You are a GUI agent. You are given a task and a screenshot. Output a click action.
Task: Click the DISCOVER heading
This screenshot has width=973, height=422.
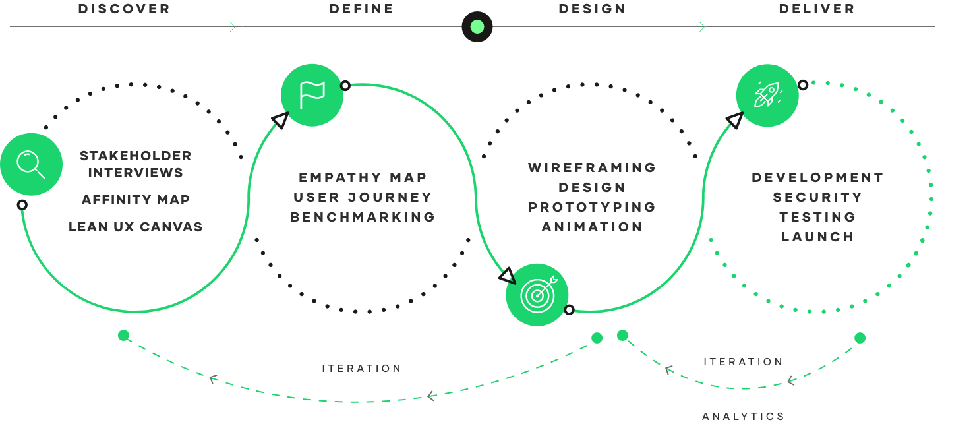[x=124, y=9]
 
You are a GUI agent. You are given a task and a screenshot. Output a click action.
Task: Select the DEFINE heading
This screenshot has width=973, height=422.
[x=361, y=9]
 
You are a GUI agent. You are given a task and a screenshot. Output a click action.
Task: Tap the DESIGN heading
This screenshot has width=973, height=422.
[x=592, y=9]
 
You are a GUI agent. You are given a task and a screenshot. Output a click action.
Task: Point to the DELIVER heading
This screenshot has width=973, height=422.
[x=817, y=9]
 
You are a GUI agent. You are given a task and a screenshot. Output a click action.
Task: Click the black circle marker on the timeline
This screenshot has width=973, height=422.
[x=477, y=27]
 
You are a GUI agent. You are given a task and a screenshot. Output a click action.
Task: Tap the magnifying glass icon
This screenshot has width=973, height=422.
[x=31, y=164]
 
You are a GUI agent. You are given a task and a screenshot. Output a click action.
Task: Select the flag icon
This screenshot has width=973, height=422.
[x=312, y=95]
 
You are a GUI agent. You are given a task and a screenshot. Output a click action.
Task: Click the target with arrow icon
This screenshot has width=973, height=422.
[x=537, y=295]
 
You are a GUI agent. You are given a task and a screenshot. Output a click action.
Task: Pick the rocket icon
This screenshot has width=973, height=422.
[x=767, y=95]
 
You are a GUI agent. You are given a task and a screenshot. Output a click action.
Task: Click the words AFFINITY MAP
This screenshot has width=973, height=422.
[x=136, y=200]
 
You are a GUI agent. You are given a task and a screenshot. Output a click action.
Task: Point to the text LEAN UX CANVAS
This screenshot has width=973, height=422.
[x=136, y=227]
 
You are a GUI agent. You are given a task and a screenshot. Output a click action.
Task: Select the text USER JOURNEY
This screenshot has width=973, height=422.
[x=363, y=197]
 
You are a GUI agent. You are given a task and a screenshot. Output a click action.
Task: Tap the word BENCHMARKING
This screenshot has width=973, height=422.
[x=363, y=217]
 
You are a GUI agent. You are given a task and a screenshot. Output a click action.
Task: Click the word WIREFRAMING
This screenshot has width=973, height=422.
[x=592, y=167]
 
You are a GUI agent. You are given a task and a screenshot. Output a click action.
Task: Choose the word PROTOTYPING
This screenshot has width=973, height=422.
[x=592, y=207]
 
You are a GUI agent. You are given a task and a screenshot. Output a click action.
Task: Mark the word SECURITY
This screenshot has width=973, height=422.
[x=817, y=197]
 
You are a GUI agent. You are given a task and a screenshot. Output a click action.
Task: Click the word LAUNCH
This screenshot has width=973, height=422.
[x=817, y=237]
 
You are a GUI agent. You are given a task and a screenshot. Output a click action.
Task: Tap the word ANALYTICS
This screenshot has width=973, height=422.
[x=744, y=416]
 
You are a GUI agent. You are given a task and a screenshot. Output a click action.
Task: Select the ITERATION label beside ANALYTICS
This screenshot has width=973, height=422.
[x=744, y=362]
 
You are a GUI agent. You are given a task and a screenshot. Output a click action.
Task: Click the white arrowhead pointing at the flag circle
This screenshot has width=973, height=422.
[x=281, y=119]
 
